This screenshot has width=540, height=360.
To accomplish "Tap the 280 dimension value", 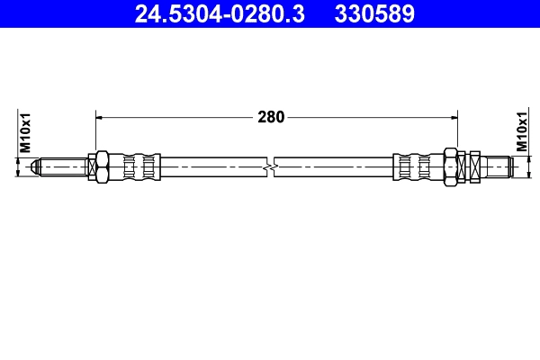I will click(271, 117).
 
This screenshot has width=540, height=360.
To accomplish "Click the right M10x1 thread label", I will click(521, 132).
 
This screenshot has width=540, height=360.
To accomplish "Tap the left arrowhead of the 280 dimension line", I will click(100, 117).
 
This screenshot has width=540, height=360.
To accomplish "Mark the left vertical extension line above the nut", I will click(94, 130).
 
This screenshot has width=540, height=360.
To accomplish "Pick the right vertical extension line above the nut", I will click(457, 130).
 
